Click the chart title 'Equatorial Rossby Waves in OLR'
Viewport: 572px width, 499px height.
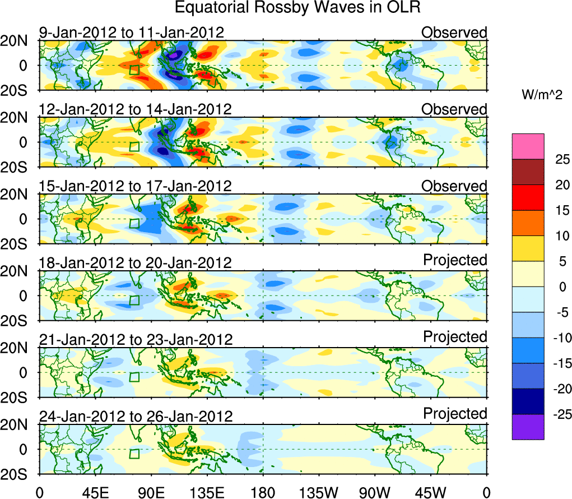pos(297,8)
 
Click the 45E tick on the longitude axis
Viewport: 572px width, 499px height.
pos(94,492)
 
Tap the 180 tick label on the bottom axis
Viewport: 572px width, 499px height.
pos(263,492)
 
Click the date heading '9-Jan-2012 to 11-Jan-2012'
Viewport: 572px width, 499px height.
pos(132,33)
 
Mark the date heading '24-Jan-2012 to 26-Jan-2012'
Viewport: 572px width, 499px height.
pos(136,417)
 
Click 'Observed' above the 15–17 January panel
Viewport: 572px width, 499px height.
pos(454,186)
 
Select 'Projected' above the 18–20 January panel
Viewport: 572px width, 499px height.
pos(455,260)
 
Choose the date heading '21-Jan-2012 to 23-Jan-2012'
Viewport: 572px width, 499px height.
pos(136,340)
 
